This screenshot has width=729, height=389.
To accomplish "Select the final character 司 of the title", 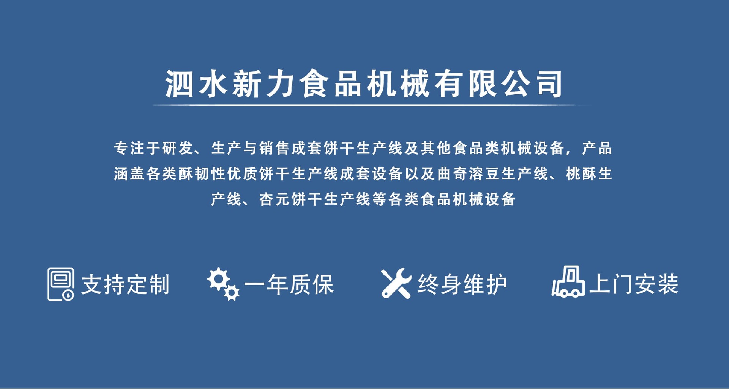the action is [549, 84].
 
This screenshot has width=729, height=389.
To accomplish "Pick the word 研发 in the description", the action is [178, 148].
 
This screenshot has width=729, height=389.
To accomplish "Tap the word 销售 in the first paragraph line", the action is [275, 148].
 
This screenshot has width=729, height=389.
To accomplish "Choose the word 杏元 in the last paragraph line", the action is [275, 199].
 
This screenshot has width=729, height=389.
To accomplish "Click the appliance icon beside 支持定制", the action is [61, 284].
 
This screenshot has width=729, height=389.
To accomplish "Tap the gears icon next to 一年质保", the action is [223, 284].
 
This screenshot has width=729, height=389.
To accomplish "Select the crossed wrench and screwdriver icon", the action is [396, 283].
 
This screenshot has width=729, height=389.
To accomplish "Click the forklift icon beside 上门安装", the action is [568, 281].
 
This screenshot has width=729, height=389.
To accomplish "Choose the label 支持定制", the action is [125, 285].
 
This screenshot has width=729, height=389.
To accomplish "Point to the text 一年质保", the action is [289, 285].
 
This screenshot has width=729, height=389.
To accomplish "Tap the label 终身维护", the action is [462, 284].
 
